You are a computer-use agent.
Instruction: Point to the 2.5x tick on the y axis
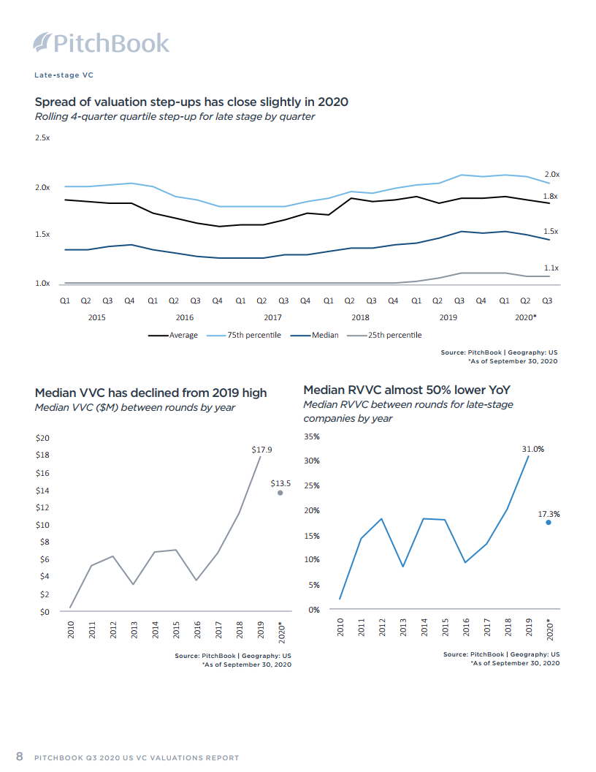[42, 138]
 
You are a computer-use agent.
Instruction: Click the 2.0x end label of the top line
[551, 175]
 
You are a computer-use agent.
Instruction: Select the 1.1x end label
[551, 268]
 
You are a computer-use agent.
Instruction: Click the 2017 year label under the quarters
[272, 318]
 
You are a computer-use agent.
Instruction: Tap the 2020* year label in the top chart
[525, 318]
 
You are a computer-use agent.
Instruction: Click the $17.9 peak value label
[261, 450]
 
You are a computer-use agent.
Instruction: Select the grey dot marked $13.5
[280, 493]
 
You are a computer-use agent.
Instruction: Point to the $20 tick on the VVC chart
[42, 439]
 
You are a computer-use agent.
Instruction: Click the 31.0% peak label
[532, 450]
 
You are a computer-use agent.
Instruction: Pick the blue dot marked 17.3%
[548, 523]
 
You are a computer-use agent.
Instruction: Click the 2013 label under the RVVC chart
[404, 628]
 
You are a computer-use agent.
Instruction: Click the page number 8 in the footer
[20, 756]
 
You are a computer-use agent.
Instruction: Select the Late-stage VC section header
[64, 75]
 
